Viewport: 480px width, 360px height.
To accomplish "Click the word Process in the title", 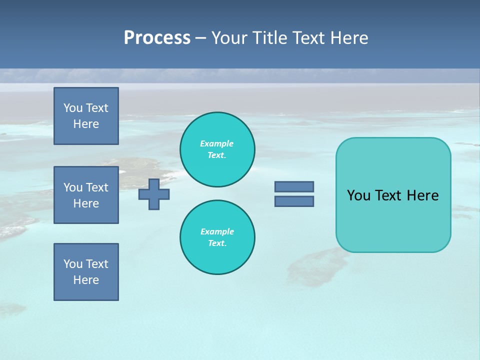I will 157,37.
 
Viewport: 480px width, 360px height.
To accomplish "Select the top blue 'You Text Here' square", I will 86,116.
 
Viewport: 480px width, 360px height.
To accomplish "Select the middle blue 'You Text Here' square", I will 86,195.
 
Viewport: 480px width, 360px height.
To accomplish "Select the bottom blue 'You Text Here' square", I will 86,272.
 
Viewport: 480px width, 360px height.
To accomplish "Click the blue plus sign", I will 154,194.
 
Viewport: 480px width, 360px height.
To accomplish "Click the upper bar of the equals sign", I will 294,186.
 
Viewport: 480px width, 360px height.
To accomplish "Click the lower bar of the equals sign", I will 294,201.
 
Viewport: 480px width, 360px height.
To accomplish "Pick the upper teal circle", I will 217,149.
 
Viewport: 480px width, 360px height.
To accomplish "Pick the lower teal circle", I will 217,237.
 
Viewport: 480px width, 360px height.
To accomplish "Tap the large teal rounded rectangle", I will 393,195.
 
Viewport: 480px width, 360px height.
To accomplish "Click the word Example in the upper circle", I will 217,143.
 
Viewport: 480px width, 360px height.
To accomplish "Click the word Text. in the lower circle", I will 217,243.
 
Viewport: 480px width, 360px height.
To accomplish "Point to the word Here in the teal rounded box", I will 422,195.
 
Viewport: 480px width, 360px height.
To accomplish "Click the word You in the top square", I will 73,108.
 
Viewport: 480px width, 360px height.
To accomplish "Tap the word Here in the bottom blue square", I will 86,280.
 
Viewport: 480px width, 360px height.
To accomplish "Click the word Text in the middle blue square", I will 97,187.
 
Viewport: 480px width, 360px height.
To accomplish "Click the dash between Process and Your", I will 200,38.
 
